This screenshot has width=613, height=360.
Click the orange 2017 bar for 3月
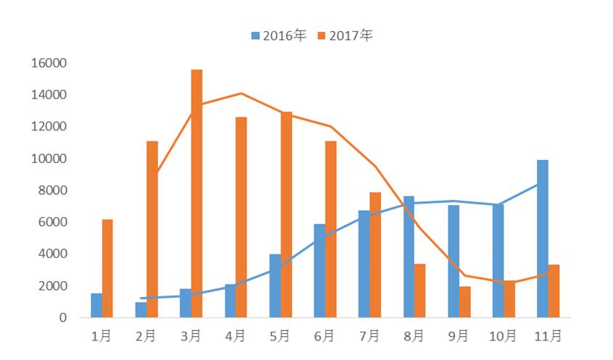[x=196, y=193]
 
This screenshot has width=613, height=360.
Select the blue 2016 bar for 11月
[x=542, y=238]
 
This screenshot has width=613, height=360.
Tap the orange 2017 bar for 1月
[x=107, y=268]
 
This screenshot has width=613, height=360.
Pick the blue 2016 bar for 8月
[x=409, y=256]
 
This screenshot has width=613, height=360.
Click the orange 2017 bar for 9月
[x=464, y=301]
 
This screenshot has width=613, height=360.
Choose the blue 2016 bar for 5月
[x=275, y=285]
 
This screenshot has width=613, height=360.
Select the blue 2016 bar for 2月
[x=141, y=309]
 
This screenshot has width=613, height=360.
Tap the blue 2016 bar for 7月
[x=364, y=264]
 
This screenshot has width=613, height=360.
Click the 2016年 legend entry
[x=278, y=35]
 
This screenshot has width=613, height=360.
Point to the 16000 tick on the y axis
[x=49, y=63]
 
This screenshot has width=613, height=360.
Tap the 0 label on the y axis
[x=63, y=317]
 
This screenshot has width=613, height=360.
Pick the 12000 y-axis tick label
[x=49, y=127]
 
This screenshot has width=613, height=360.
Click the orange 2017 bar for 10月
[x=509, y=298]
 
